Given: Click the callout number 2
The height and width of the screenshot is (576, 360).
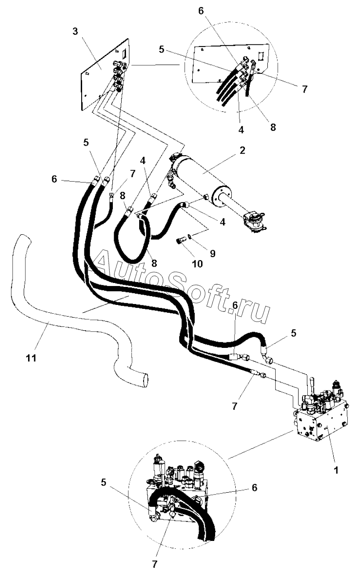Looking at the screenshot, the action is pyautogui.click(x=242, y=150).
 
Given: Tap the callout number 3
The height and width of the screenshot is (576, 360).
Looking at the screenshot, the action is pyautogui.click(x=75, y=32).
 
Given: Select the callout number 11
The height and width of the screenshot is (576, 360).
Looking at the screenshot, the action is pyautogui.click(x=32, y=358).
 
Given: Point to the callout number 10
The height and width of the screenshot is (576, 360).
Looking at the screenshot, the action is pyautogui.click(x=198, y=264).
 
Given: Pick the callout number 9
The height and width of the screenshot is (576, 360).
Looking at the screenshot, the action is pyautogui.click(x=212, y=254).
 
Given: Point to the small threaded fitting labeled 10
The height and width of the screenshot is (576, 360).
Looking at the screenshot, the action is pyautogui.click(x=180, y=241).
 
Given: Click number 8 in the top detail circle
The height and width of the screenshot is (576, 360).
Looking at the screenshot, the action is pyautogui.click(x=273, y=127).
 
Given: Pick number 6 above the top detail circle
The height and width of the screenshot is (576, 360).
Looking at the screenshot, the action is pyautogui.click(x=201, y=11).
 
